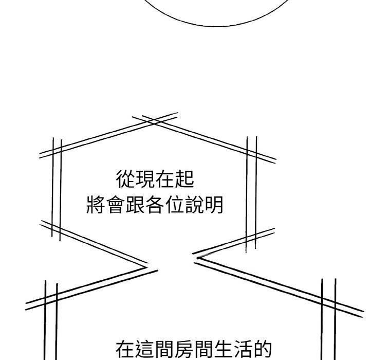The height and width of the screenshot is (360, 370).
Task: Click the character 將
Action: (96, 205)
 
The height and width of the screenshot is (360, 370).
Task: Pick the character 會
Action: (116, 205)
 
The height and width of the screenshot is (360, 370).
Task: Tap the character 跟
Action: (135, 205)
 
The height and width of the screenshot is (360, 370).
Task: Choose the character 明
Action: (214, 205)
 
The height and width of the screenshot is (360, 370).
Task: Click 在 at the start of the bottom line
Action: (125, 349)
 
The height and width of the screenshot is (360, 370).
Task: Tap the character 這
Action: (145, 349)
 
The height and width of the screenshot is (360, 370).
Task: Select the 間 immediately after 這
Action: (164, 349)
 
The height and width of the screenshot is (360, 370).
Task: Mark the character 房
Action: (184, 349)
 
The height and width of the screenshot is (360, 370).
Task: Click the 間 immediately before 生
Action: (204, 349)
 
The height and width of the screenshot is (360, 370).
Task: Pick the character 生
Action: (224, 349)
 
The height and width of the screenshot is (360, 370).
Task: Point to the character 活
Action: (243, 349)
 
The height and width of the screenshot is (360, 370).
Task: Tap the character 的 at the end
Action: (263, 349)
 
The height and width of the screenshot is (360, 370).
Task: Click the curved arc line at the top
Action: (216, 26)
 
